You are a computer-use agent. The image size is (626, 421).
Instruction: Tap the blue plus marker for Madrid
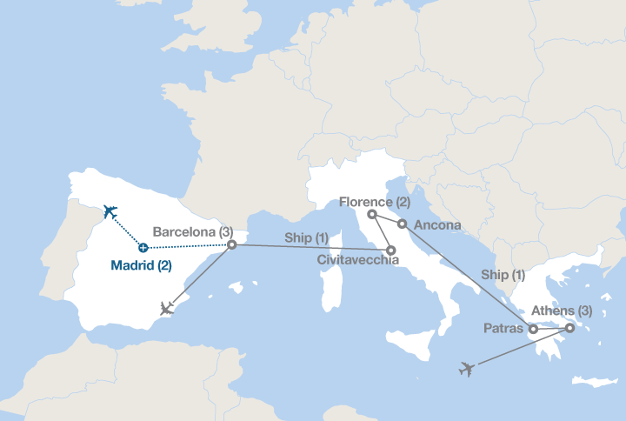tap(143, 248)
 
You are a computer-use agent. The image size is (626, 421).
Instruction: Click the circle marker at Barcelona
tap(231, 245)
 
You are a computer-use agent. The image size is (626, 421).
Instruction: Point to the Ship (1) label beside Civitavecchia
tap(307, 238)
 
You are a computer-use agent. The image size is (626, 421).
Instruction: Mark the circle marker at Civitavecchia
tap(391, 251)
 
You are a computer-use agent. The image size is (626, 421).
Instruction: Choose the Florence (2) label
tap(375, 202)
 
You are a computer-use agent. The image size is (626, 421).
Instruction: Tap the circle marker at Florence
tap(371, 214)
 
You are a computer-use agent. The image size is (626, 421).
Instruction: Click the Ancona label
tap(437, 224)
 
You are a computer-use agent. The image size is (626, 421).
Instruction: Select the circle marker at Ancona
tap(403, 224)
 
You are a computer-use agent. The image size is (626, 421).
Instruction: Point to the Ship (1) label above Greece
tap(503, 275)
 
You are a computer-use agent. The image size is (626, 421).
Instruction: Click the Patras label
tap(503, 329)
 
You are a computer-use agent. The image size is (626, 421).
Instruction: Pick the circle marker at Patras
tap(533, 329)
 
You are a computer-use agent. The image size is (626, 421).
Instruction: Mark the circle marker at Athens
tap(569, 328)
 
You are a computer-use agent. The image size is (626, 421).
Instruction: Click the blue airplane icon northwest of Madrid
tap(110, 210)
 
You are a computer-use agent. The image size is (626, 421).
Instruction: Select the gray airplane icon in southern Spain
tap(169, 309)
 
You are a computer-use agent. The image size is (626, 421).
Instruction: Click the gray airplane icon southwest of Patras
tap(467, 370)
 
